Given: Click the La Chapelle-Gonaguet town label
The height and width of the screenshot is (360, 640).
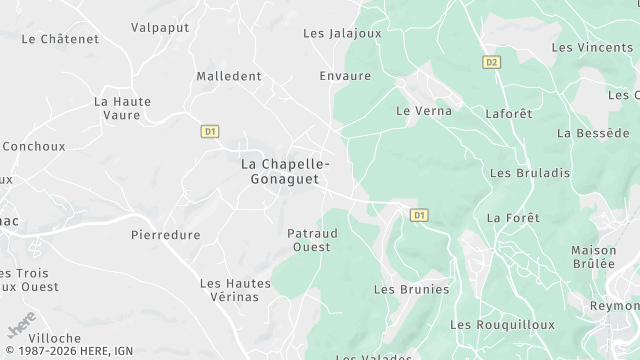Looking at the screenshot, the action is click(286, 170).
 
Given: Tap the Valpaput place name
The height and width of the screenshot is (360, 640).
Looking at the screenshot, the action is click(160, 27).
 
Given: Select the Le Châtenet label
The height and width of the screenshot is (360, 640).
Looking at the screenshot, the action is click(60, 39).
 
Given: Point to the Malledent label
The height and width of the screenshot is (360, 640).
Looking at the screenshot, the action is click(229, 76).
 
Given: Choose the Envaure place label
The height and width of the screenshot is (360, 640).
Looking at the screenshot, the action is click(344, 76).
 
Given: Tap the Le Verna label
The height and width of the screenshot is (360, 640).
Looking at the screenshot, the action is click(424, 111).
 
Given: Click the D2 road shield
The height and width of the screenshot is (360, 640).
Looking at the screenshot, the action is click(490, 62).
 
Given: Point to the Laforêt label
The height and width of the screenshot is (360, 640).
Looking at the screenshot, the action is click(509, 114).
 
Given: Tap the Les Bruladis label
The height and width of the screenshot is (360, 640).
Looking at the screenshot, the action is click(530, 173).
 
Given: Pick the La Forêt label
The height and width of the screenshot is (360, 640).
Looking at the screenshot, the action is click(513, 218).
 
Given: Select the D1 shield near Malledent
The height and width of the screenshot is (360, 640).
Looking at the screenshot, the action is click(210, 131).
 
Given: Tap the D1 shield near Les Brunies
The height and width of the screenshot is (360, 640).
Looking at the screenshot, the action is click(419, 215).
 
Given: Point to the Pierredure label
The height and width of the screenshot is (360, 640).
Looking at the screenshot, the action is click(166, 235).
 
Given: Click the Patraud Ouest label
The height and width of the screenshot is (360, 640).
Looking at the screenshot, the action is click(312, 240).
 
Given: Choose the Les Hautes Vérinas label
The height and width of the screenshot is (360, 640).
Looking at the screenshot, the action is click(236, 290).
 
